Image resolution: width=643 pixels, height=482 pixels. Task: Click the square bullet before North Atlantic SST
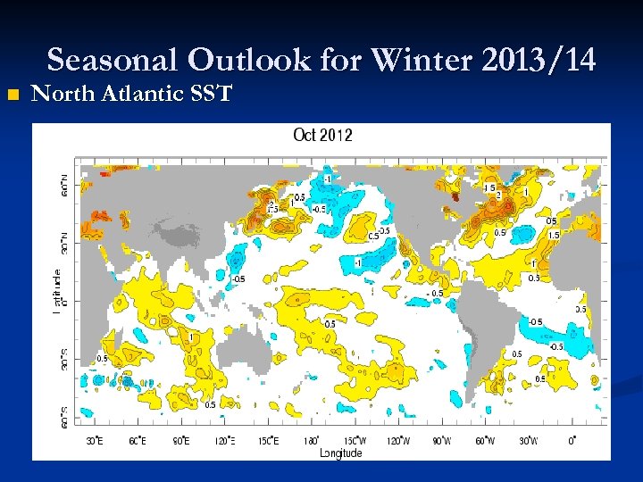(12, 95)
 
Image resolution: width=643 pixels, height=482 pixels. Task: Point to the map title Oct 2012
(322, 136)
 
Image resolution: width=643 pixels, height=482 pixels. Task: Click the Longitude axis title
(342, 453)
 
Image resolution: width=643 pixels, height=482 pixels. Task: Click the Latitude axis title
(57, 291)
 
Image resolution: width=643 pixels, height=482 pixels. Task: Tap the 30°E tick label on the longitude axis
(94, 441)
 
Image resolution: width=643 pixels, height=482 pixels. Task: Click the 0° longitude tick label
(572, 441)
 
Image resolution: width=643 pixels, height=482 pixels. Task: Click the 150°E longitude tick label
(268, 441)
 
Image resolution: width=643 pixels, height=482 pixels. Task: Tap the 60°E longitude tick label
(138, 441)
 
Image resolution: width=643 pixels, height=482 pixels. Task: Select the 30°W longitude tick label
(529, 441)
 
